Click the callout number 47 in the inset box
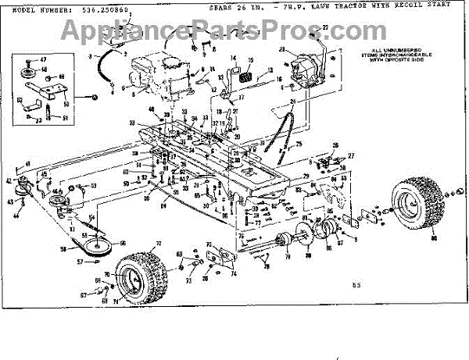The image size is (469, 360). pyautogui.click(x=44, y=60)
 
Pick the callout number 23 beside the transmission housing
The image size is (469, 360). pyautogui.click(x=282, y=49)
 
